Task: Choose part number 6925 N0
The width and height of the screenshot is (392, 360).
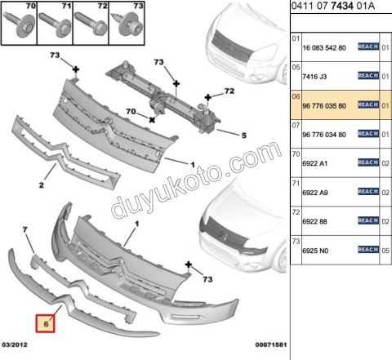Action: click(315, 251)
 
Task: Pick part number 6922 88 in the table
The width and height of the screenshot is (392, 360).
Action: click(314, 221)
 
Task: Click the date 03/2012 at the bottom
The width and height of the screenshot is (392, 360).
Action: click(16, 353)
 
